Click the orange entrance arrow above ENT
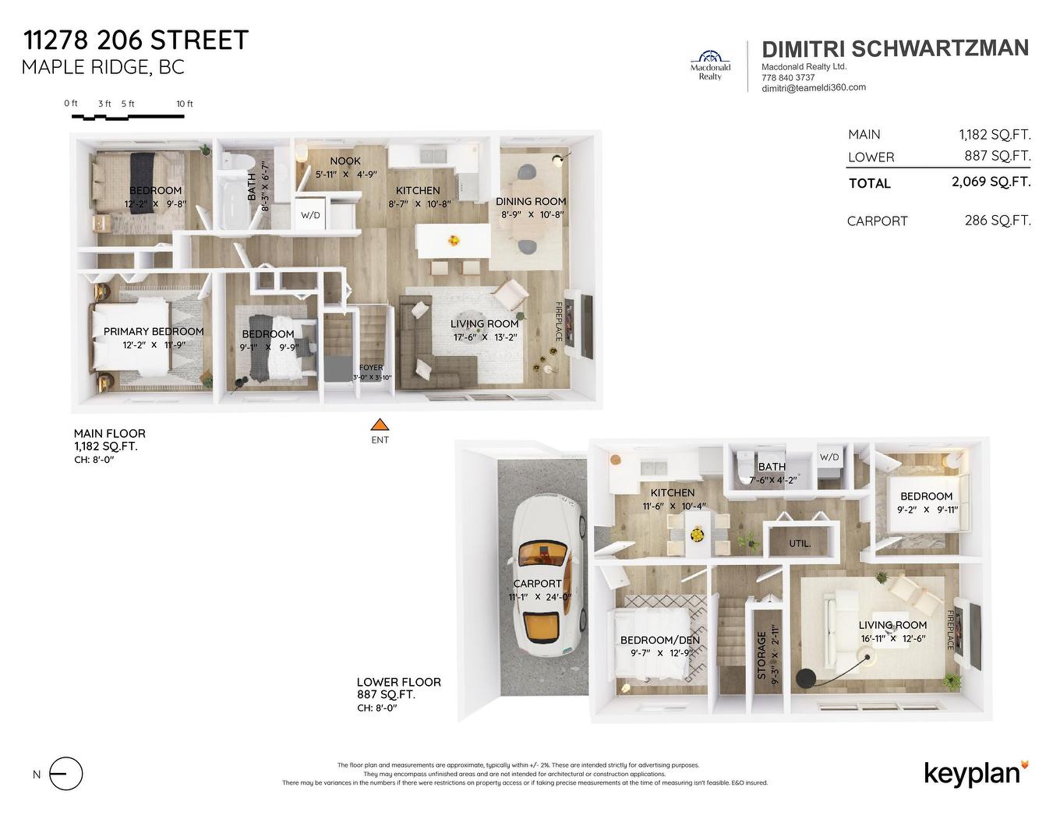click(380, 425)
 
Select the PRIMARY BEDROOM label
click(154, 331)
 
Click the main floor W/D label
click(310, 215)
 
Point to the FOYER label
click(371, 368)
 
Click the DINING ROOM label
click(531, 201)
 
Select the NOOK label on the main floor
click(345, 161)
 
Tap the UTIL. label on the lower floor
click(800, 543)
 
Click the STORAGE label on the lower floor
click(761, 655)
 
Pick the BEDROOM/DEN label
click(659, 640)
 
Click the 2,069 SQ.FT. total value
click(991, 182)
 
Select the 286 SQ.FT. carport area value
click(997, 221)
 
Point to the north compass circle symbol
click(65, 774)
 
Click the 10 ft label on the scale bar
click(185, 104)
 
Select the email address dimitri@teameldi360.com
click(813, 88)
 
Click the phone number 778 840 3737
click(788, 77)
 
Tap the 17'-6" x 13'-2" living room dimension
click(485, 337)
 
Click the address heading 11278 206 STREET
click(136, 40)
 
